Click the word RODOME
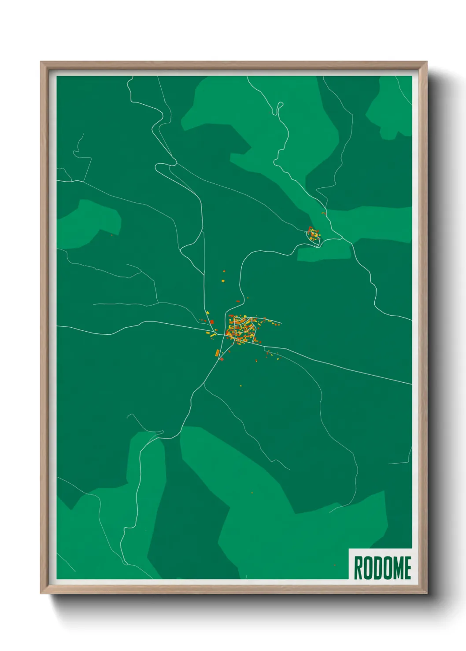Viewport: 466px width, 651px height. (x=382, y=567)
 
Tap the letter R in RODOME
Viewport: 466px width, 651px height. (x=358, y=567)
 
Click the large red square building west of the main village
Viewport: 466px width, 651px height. (x=212, y=322)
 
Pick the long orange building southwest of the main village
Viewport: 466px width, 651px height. (x=217, y=353)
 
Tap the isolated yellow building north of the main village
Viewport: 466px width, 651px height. (x=223, y=280)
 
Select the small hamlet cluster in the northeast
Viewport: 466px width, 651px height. (x=314, y=234)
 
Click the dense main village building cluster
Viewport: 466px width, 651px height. (x=242, y=329)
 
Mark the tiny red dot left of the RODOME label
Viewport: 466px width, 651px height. (x=334, y=565)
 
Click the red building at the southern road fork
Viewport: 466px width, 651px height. (x=222, y=359)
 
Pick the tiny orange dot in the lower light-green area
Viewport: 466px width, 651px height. (x=252, y=492)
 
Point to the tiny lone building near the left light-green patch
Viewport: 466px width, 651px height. (x=111, y=235)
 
